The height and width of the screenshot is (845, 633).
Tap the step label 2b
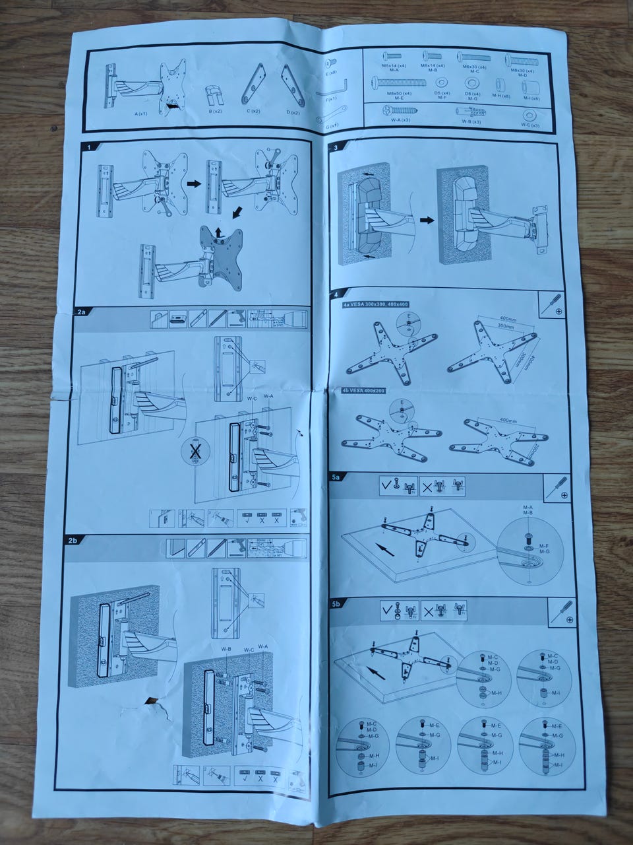(74, 540)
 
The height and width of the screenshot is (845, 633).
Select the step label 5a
(336, 476)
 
